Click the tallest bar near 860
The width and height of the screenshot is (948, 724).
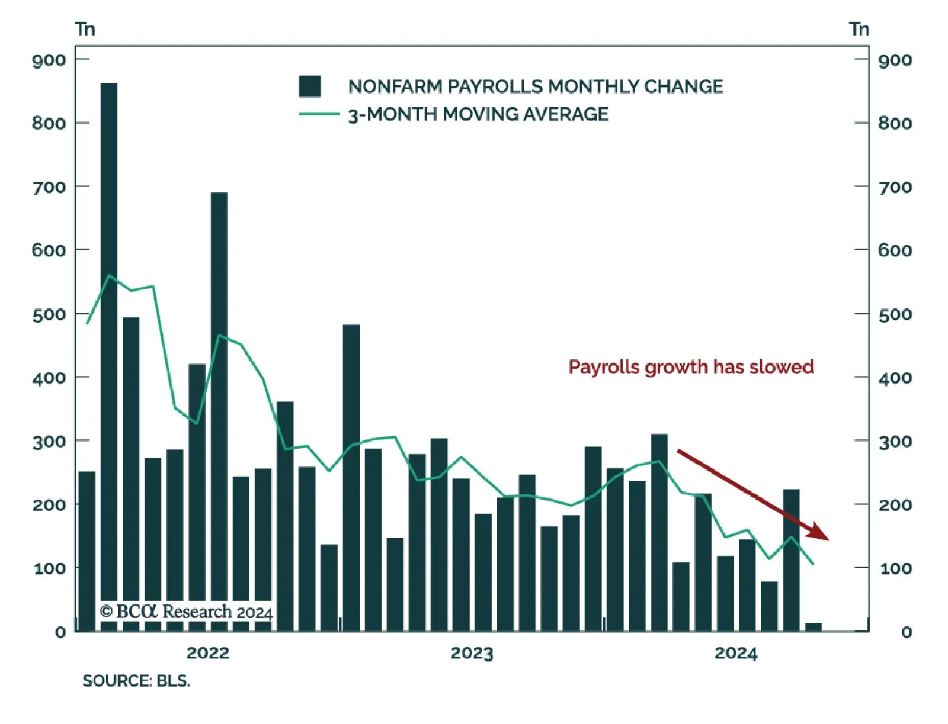tap(109, 355)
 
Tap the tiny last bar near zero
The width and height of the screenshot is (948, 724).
tap(814, 628)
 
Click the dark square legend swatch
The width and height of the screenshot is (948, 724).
tap(310, 86)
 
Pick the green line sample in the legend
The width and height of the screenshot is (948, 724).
tap(319, 114)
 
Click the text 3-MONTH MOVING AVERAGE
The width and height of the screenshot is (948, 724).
tap(478, 114)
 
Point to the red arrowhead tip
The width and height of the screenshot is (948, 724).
tap(828, 539)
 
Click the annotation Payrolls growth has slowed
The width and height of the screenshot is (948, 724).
tap(691, 367)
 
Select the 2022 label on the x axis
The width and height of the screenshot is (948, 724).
tap(207, 653)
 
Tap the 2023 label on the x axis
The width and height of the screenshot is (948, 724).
tap(472, 653)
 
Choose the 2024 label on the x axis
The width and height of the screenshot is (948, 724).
tap(736, 653)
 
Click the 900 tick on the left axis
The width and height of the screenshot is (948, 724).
tap(49, 60)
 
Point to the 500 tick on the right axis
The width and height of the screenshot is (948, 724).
tap(895, 314)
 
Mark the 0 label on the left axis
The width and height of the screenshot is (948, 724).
tap(60, 632)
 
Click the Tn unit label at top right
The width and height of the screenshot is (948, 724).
tap(859, 29)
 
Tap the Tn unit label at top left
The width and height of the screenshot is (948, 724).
tap(85, 29)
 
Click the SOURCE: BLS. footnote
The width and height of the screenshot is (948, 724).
tap(136, 681)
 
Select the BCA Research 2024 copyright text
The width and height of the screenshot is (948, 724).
tap(186, 612)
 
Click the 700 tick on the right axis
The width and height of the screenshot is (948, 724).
tap(895, 187)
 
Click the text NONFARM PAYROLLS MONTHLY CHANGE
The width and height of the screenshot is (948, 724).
tap(536, 86)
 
